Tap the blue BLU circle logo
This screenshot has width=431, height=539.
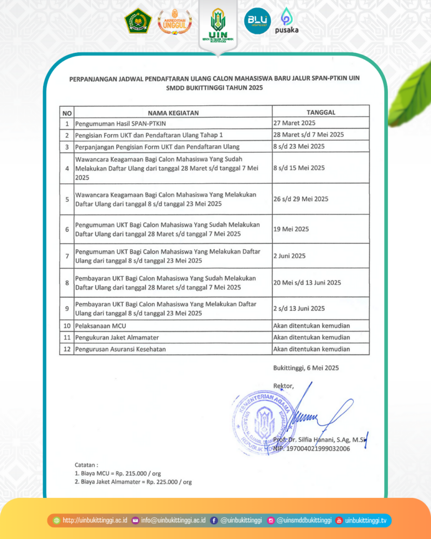(257, 22)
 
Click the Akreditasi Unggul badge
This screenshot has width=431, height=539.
(175, 22)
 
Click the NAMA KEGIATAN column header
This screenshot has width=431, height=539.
(173, 113)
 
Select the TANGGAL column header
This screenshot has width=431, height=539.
(320, 112)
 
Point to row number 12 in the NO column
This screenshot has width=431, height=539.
(66, 349)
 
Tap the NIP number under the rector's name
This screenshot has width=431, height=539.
(312, 449)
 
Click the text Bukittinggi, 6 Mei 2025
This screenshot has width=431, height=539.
(306, 368)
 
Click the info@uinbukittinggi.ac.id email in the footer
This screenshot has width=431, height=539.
(173, 521)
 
